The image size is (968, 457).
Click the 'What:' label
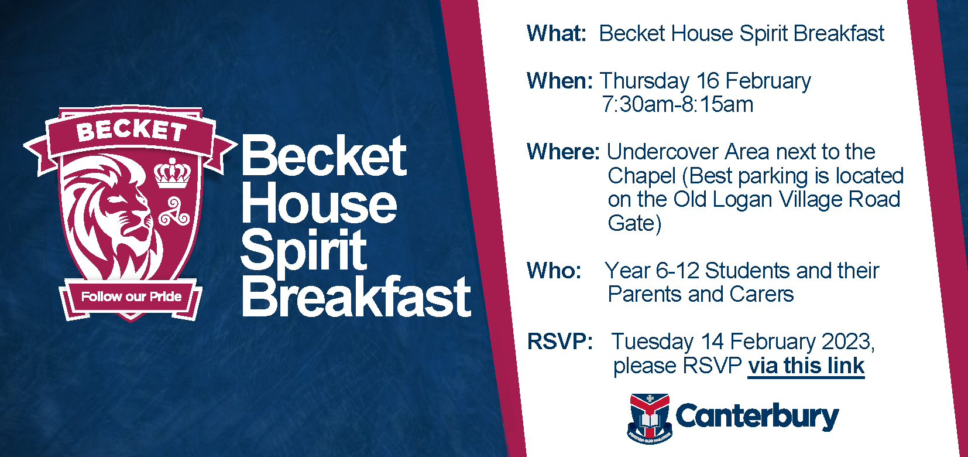pos(556,34)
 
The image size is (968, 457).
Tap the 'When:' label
pos(559,81)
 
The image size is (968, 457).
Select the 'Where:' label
pos(563,152)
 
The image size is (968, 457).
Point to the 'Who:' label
pos(554,271)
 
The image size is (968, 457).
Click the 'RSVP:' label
pos(559,342)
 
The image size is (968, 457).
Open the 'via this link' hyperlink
pos(806,366)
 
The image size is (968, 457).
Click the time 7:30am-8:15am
pos(677,105)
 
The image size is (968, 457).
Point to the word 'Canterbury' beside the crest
pos(757,417)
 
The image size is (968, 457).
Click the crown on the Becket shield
pos(172,173)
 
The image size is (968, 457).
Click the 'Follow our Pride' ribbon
pos(131,296)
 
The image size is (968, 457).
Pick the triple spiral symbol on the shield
pos(174,212)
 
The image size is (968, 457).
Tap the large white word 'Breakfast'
pos(356,297)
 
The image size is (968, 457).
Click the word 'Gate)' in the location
pos(634,223)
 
